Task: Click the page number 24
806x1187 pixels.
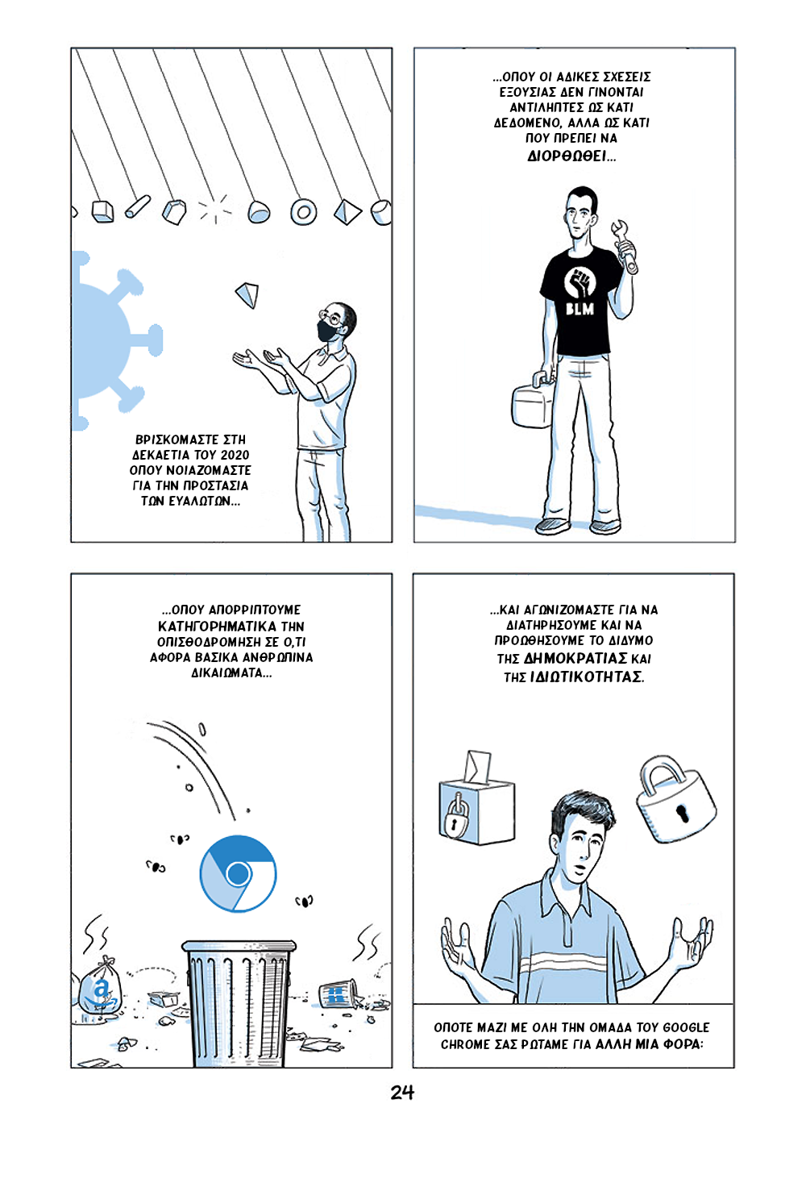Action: point(402,1092)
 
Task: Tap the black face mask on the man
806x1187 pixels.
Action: point(328,331)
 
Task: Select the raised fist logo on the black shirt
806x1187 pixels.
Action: point(580,282)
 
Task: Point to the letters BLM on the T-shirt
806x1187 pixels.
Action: point(580,308)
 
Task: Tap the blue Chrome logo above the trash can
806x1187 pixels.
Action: point(238,874)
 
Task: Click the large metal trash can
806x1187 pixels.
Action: point(238,1003)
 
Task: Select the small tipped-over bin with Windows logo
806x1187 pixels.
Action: point(338,993)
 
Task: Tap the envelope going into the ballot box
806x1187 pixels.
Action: point(477,767)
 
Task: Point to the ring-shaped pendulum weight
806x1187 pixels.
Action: point(303,212)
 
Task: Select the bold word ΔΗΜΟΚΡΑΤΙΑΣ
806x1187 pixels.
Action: point(575,658)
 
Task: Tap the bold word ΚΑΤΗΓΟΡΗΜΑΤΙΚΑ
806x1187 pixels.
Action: point(217,627)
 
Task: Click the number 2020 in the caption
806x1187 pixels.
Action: point(235,455)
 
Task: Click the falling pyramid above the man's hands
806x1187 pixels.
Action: point(247,294)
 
